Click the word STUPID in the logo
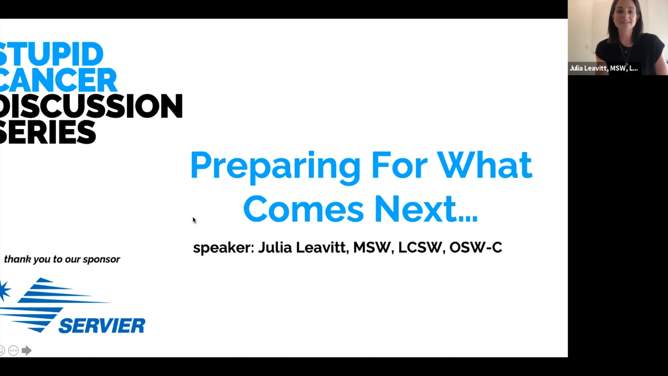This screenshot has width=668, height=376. [51, 54]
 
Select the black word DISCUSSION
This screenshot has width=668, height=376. [91, 106]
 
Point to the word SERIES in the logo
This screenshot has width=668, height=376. [48, 132]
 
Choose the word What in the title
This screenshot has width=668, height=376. [485, 165]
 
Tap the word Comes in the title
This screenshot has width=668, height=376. [303, 209]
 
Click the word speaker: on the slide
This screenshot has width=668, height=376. [224, 248]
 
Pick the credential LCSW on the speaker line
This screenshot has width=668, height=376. [420, 247]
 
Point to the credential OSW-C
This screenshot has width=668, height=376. [476, 247]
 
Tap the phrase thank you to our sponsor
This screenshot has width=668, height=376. [62, 260]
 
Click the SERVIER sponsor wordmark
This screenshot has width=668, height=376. [102, 326]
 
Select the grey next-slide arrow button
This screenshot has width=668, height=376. [26, 350]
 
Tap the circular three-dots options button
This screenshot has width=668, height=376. [13, 350]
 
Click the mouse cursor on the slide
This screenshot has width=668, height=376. [194, 220]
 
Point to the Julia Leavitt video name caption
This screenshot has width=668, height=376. [603, 68]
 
